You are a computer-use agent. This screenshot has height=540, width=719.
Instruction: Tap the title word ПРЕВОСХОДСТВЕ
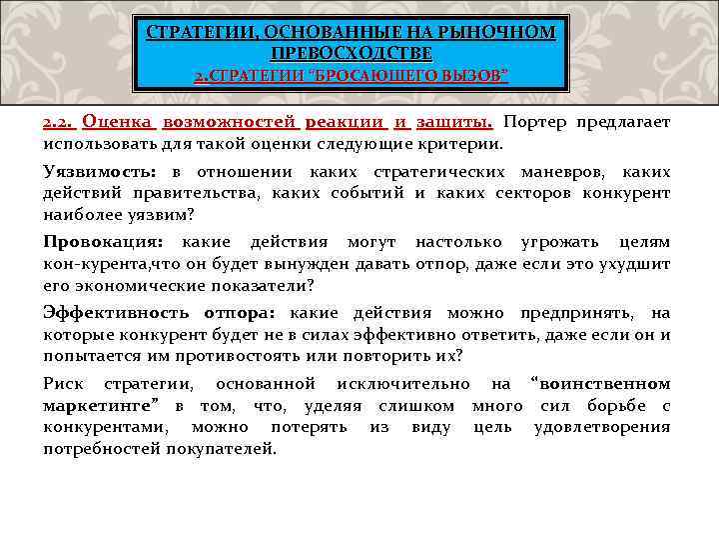351,52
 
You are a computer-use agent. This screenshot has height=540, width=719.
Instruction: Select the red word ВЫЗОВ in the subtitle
474,76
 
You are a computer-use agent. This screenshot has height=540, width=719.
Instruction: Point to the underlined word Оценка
118,122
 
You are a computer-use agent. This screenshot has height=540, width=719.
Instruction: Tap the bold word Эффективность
119,313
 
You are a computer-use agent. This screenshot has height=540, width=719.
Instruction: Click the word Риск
63,384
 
